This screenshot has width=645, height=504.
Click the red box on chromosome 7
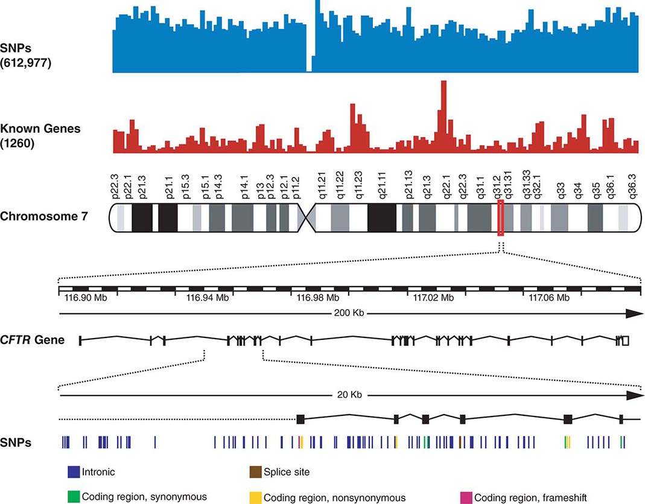(500, 219)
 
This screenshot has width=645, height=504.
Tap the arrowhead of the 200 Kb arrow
(634, 313)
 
